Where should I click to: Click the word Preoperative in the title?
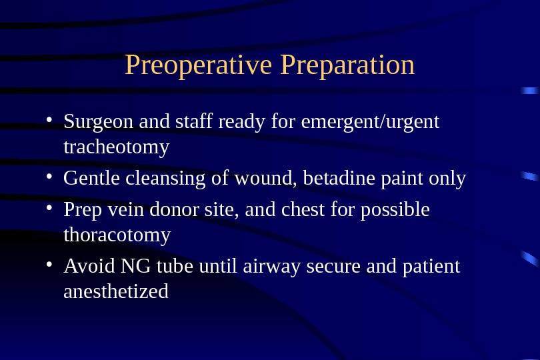point(199,65)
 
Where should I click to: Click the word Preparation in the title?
point(347,65)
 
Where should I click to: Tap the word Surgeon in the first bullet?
point(98,122)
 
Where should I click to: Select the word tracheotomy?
point(117,147)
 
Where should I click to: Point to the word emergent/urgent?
point(370,122)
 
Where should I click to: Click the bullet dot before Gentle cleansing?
point(49,177)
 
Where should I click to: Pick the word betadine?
point(339,178)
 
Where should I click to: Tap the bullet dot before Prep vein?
point(49,208)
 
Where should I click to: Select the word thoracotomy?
point(117,235)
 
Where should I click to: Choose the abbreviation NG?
point(135,266)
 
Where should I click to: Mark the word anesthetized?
point(116,291)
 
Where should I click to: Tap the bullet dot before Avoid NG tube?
point(49,264)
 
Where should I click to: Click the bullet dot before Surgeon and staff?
point(49,119)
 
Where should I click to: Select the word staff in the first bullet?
point(194,121)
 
